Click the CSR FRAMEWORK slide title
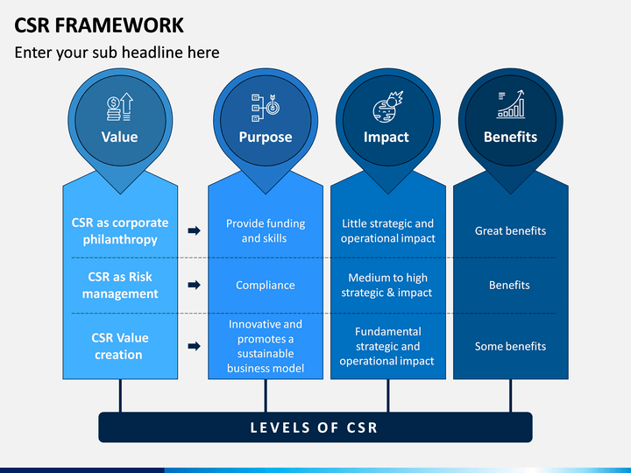pyautogui.click(x=99, y=25)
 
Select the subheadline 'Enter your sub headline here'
pyautogui.click(x=117, y=53)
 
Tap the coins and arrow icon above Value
pyautogui.click(x=120, y=107)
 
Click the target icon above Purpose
pyautogui.click(x=266, y=108)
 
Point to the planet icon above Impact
pyautogui.click(x=388, y=107)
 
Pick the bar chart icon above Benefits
pyautogui.click(x=511, y=103)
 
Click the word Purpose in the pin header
pyautogui.click(x=266, y=138)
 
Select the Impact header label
pyautogui.click(x=386, y=138)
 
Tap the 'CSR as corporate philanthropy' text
pyautogui.click(x=120, y=231)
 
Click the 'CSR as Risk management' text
pyautogui.click(x=120, y=286)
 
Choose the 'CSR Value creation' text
pyautogui.click(x=120, y=346)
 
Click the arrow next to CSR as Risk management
pyautogui.click(x=194, y=286)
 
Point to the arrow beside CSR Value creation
pyautogui.click(x=194, y=346)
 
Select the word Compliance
pyautogui.click(x=266, y=286)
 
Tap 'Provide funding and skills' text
pyautogui.click(x=266, y=231)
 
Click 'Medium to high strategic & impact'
pyautogui.click(x=387, y=286)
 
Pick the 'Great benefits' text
pyautogui.click(x=510, y=231)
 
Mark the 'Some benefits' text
pyautogui.click(x=510, y=346)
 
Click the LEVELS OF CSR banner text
pyautogui.click(x=314, y=427)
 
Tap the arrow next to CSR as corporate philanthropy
pyautogui.click(x=194, y=231)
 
